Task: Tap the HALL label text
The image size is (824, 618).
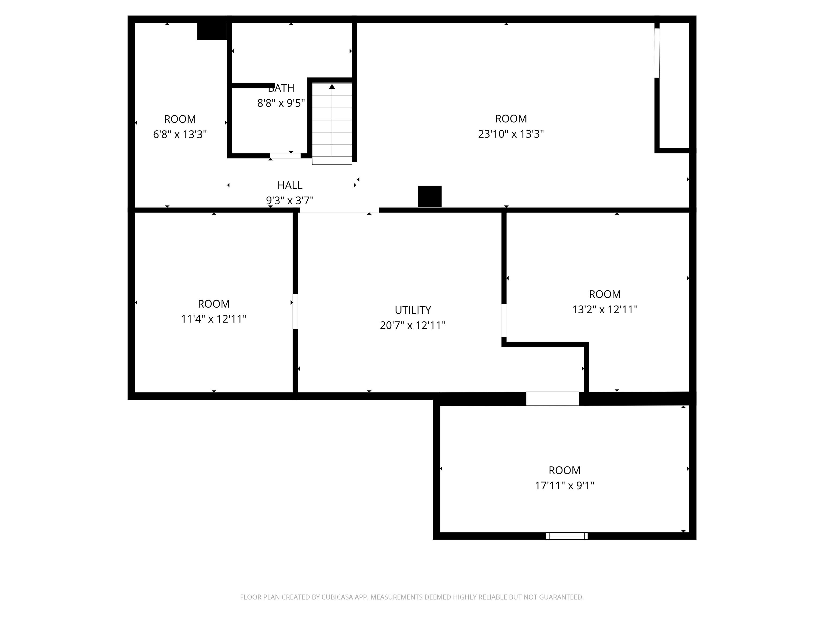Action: click(x=289, y=185)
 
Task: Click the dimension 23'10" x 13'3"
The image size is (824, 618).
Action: click(x=511, y=134)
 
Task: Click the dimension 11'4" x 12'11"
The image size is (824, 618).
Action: click(x=214, y=319)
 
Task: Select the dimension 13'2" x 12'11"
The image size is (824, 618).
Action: click(x=605, y=309)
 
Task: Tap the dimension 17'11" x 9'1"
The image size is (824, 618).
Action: click(x=564, y=485)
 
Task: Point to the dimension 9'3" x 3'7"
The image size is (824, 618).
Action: click(x=289, y=200)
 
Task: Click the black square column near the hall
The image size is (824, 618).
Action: click(x=429, y=196)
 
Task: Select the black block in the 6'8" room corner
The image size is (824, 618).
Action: click(x=212, y=31)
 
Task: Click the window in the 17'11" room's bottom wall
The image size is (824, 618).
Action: click(x=566, y=536)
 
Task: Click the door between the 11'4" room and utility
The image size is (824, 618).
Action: click(x=295, y=311)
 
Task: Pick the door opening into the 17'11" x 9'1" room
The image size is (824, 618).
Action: click(x=553, y=398)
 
